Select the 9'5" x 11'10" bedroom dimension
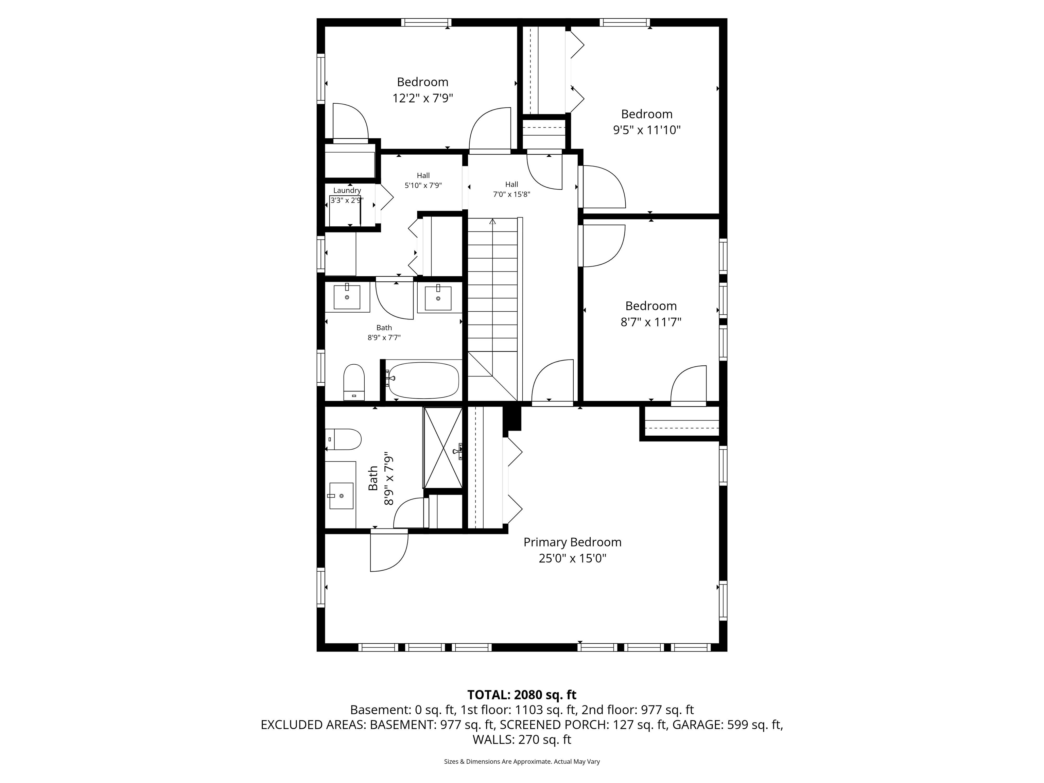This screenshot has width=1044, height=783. pos(647,130)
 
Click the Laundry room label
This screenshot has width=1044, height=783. pos(347,190)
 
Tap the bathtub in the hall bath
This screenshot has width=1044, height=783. pos(422,380)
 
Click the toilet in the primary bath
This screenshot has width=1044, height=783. pos(344,439)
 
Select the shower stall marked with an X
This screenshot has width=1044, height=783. pos(443,448)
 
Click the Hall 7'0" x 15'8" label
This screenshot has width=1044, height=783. pos(511,189)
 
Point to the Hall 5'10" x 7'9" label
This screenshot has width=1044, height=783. pos(423,180)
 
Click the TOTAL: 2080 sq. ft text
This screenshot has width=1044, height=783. pos(522,695)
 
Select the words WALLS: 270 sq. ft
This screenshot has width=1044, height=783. pos(522,739)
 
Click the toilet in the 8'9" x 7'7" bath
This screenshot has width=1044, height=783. pos(354,381)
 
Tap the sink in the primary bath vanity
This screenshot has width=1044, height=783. pos(341,495)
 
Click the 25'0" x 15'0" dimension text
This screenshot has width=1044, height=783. pos(572,558)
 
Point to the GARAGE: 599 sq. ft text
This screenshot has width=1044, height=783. pos(727,725)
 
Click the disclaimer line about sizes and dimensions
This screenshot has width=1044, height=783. pos(522,761)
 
